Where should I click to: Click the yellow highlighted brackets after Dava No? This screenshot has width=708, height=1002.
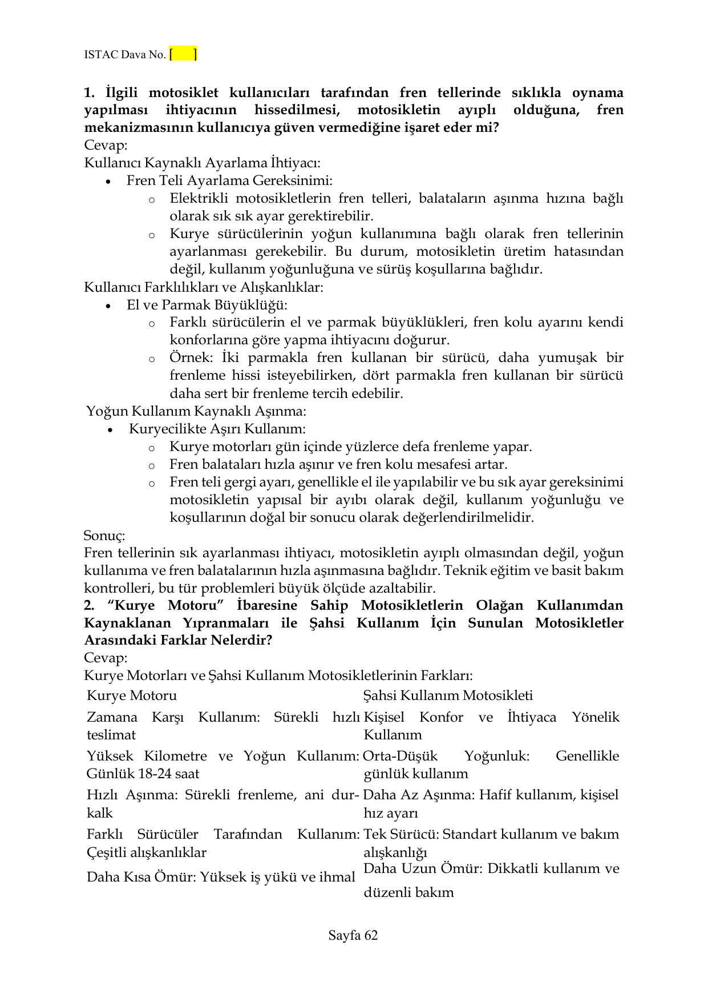(183, 54)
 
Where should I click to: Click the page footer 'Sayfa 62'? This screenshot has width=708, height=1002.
(353, 935)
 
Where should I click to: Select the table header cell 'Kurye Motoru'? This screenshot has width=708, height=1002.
(132, 695)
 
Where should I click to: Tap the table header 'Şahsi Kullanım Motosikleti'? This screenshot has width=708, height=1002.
(448, 695)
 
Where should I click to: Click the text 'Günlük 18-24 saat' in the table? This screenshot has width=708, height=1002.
(143, 774)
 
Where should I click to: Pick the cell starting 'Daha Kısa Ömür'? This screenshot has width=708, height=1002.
(221, 876)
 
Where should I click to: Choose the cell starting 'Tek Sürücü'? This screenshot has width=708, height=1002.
(491, 843)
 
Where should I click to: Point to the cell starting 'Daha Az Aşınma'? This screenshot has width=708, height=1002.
(491, 803)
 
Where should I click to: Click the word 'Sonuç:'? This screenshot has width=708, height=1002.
(104, 536)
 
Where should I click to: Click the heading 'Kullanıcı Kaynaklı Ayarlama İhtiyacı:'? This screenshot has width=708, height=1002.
(202, 163)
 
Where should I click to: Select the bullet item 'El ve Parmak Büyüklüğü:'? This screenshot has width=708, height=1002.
(207, 305)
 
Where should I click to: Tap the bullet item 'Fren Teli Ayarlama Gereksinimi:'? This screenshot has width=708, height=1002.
(229, 180)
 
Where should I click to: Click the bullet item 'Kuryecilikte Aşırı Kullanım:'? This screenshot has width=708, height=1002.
(217, 429)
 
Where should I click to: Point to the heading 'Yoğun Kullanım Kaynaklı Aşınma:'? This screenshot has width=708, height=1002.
(196, 411)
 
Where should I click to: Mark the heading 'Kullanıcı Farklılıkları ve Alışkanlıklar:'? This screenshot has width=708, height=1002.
(204, 287)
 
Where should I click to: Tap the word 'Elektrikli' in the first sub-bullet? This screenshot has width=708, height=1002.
(199, 199)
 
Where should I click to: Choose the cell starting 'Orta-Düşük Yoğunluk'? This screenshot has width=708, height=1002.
(491, 764)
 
